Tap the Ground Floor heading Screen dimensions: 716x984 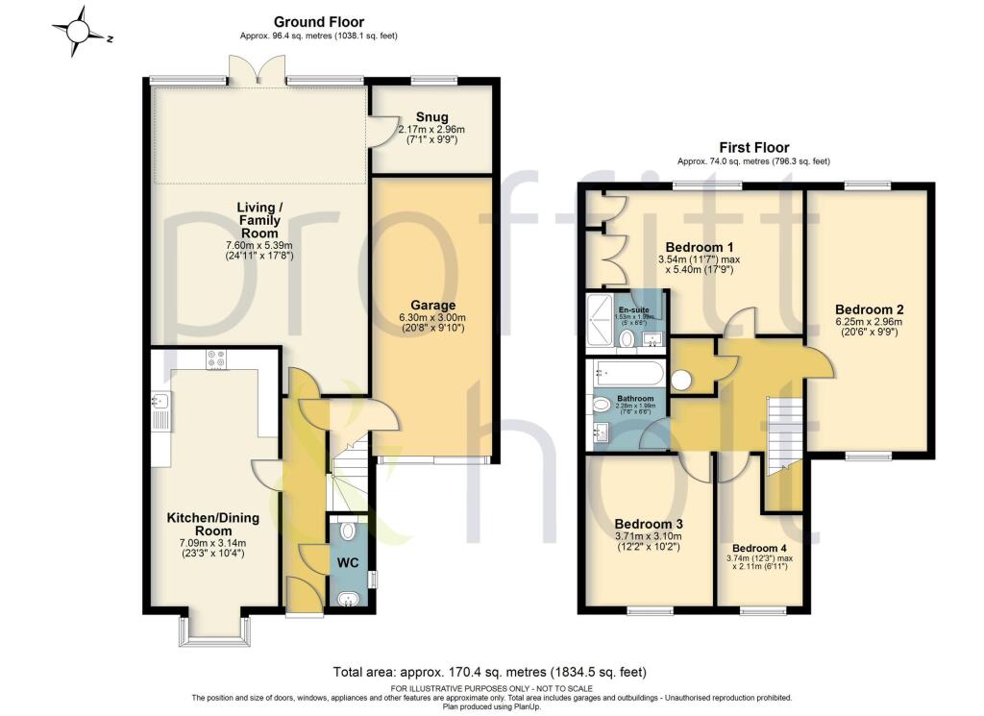point(318,21)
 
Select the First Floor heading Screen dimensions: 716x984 point(753,147)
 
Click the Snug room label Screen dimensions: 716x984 point(431,117)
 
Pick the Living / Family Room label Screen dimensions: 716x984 point(259,220)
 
